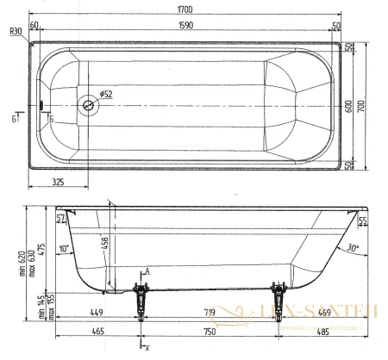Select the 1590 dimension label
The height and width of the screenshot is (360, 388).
185,27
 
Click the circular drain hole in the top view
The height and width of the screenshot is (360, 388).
88,107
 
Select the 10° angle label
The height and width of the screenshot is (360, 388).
63,249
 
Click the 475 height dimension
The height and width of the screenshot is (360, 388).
41,251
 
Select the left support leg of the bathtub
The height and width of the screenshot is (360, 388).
139,301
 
